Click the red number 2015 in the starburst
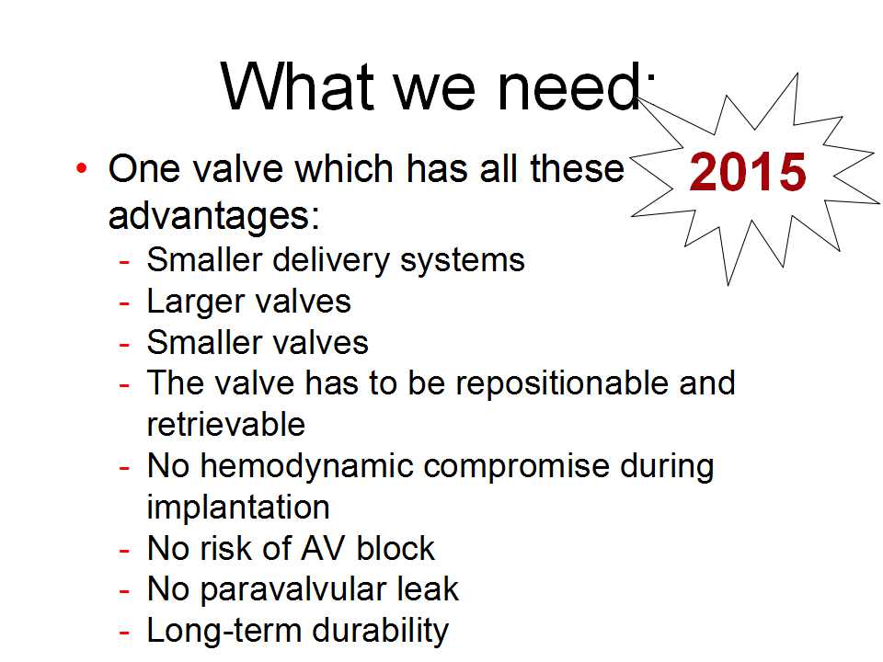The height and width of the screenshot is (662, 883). tap(747, 172)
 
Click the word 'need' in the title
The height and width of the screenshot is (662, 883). tap(568, 86)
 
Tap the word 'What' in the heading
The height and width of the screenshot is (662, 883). tap(298, 86)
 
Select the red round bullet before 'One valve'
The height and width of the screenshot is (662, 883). tap(82, 168)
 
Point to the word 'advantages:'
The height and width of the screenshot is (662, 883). tap(214, 216)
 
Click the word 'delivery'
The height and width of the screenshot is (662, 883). tap(332, 260)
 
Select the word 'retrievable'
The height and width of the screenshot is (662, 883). tap(226, 424)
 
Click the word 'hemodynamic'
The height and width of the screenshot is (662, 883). tap(307, 467)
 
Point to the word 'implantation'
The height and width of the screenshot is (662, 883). tap(238, 508)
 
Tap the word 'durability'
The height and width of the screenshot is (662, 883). tap(381, 631)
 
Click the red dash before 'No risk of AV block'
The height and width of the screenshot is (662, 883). tap(124, 551)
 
